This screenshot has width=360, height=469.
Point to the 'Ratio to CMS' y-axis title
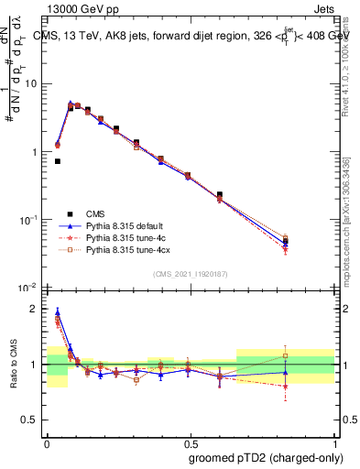coord(13,366)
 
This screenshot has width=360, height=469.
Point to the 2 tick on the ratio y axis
coord(35,309)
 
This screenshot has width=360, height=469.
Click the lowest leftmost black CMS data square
coord(57,161)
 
